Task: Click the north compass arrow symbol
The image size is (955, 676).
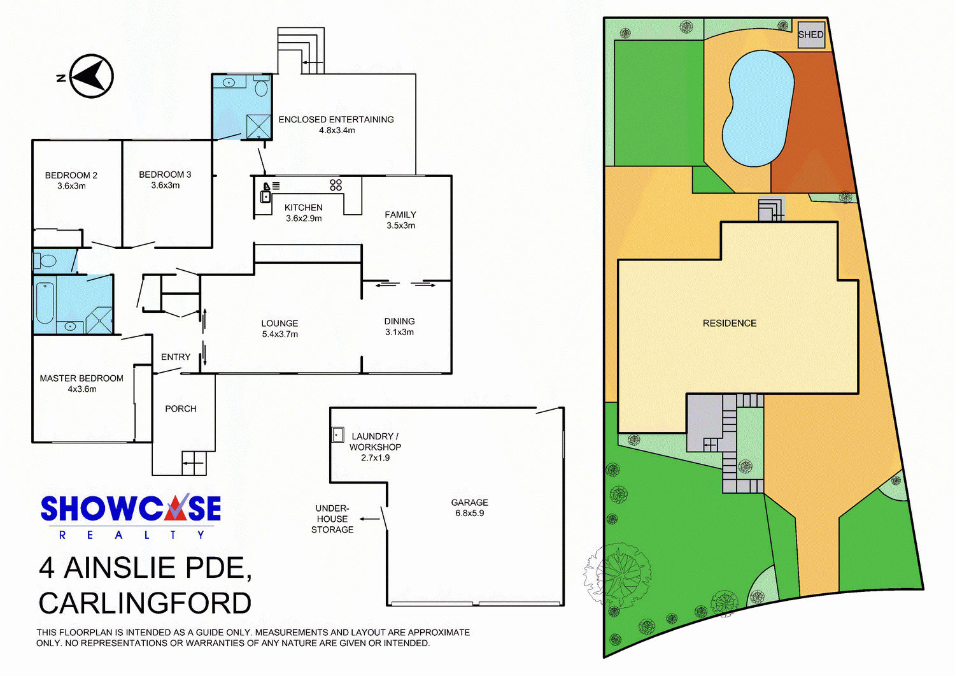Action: click(x=91, y=76)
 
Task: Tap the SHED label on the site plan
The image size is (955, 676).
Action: click(x=810, y=34)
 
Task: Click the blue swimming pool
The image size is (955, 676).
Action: click(x=758, y=108)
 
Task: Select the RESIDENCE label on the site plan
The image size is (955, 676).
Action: click(x=730, y=323)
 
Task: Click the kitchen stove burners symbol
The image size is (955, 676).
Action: click(x=336, y=185)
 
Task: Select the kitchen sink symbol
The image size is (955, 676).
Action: click(x=265, y=197)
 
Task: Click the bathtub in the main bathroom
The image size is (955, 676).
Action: click(x=45, y=303)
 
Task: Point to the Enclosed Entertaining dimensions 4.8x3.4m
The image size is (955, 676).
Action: click(x=337, y=130)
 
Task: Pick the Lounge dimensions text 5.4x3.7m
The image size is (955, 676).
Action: click(x=279, y=334)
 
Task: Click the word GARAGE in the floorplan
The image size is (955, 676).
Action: click(x=469, y=502)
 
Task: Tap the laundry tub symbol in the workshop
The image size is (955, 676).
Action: click(x=337, y=435)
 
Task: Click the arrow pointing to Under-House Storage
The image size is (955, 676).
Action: click(x=370, y=519)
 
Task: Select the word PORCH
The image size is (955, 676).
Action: click(x=181, y=408)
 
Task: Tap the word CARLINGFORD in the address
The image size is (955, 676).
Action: click(x=145, y=603)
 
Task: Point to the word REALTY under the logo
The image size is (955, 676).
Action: click(x=132, y=535)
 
